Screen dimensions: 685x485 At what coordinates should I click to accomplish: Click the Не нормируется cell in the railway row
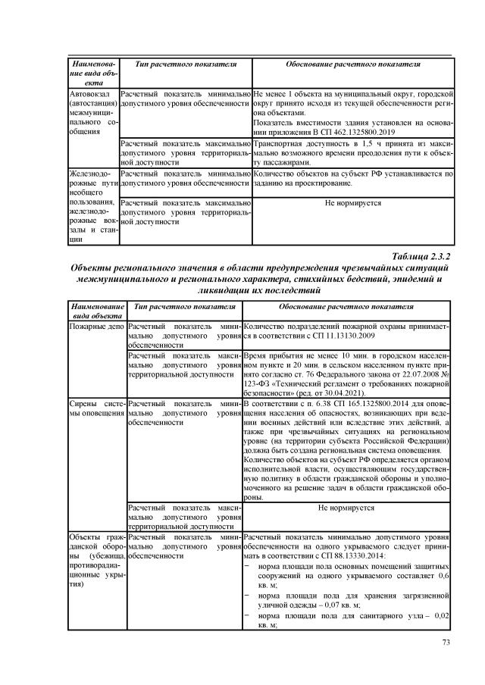tap(352, 203)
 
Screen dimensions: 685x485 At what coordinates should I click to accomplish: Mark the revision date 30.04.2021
tap(343, 393)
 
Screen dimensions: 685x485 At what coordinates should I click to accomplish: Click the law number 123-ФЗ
tap(255, 383)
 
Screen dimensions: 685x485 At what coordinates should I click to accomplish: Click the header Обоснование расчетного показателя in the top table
tap(352, 66)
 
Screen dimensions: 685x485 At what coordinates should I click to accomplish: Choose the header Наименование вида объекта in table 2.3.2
tap(96, 311)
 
